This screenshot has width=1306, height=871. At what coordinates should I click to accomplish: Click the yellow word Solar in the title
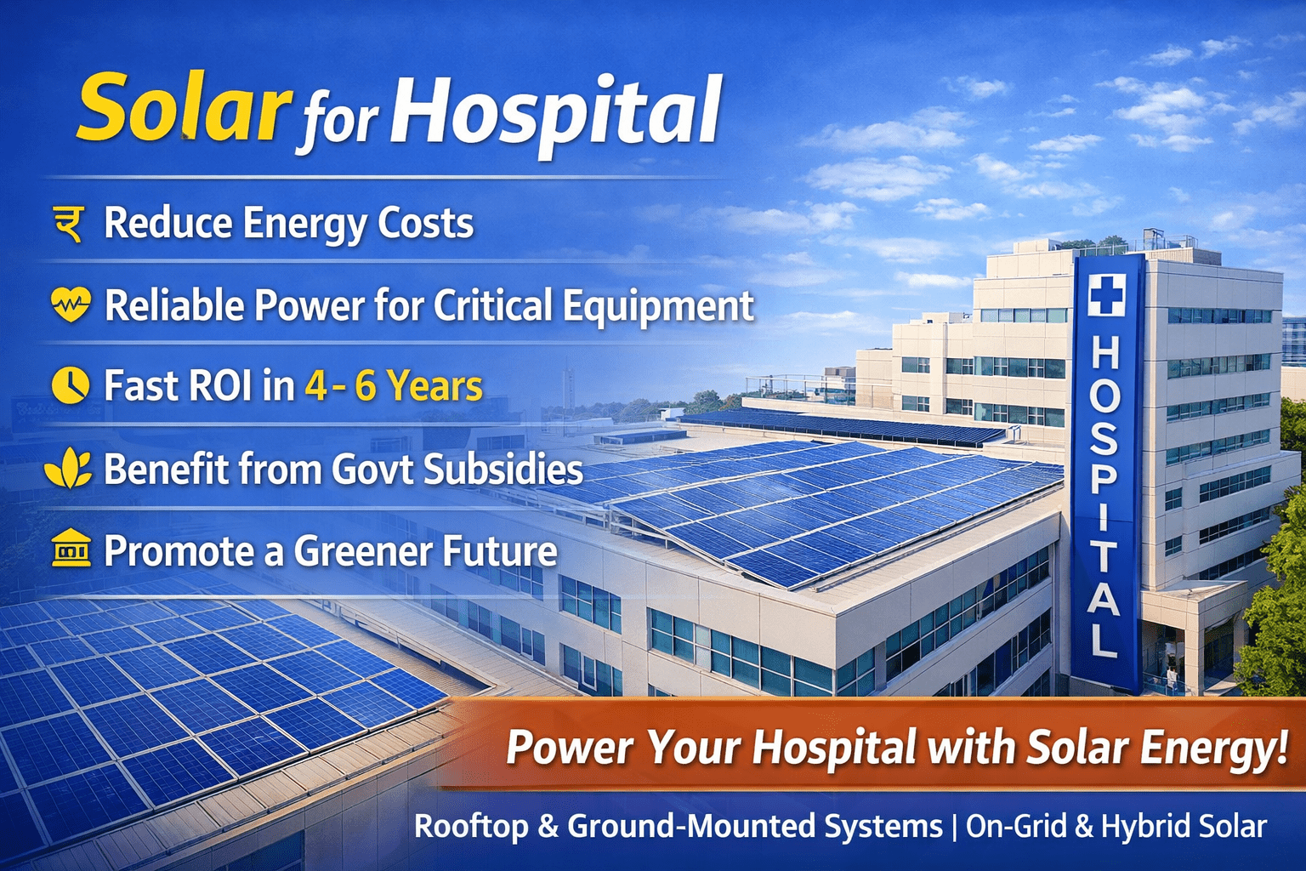(185, 107)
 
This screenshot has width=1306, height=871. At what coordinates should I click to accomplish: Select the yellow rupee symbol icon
(69, 224)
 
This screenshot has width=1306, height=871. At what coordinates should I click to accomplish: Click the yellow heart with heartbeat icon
(71, 304)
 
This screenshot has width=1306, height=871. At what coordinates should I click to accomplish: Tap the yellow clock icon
(71, 385)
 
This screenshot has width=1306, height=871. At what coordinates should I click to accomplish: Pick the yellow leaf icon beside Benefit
(69, 468)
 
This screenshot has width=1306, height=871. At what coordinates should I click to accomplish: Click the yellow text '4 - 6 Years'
(394, 385)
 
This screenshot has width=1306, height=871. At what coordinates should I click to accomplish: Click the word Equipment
(658, 305)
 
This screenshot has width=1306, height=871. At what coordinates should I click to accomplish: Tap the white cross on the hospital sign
(1106, 295)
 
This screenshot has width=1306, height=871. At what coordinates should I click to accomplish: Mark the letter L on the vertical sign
(1103, 640)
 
